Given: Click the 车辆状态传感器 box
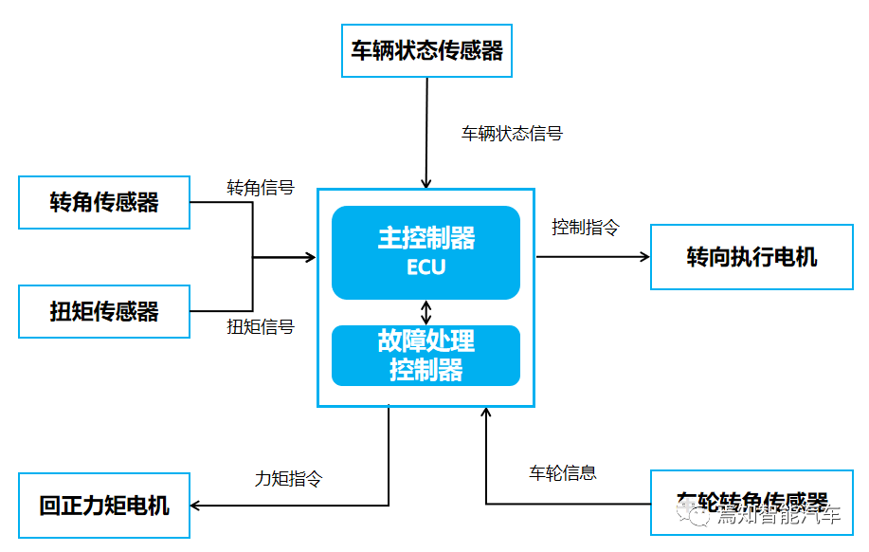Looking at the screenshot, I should tap(426, 50).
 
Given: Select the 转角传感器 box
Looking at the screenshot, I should tap(104, 201).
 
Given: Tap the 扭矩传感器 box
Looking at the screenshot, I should tap(104, 311).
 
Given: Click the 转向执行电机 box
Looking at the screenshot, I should tap(751, 257).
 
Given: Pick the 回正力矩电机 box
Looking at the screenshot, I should tap(104, 505).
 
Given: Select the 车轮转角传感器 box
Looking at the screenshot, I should tap(751, 501).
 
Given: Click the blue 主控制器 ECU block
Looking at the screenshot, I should tap(425, 251).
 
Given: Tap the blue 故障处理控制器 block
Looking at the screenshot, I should tap(425, 355).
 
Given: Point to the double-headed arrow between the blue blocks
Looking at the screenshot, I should tap(426, 311).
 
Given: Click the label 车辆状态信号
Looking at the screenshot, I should tap(512, 134).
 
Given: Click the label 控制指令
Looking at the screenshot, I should tap(585, 228).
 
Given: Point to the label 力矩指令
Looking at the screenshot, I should tap(288, 478).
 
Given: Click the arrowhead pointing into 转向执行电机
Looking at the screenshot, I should tap(644, 256).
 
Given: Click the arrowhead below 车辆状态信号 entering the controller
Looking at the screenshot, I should tap(426, 182).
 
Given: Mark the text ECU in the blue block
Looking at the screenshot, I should tap(425, 267).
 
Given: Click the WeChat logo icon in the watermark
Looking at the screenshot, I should tap(701, 514).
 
